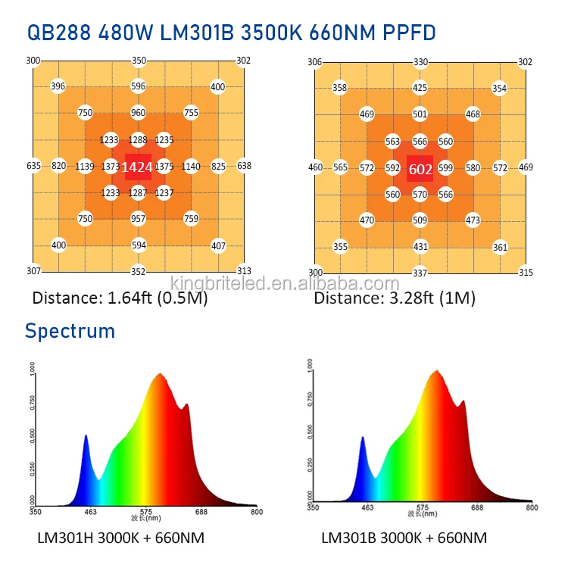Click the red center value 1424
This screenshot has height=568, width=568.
click(x=138, y=167)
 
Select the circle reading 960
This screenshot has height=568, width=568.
click(x=138, y=113)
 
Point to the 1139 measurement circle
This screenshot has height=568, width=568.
click(x=85, y=167)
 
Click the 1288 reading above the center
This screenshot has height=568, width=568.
click(x=138, y=140)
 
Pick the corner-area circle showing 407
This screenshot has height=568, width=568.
click(x=218, y=245)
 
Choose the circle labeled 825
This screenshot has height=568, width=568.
click(x=218, y=167)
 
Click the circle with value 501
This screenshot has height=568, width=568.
click(x=420, y=114)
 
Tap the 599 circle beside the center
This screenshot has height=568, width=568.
click(x=445, y=168)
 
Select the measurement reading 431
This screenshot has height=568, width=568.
click(x=420, y=247)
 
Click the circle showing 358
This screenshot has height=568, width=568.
click(x=340, y=89)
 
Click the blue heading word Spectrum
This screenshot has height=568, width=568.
click(x=70, y=330)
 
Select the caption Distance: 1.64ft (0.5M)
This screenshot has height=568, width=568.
click(x=120, y=298)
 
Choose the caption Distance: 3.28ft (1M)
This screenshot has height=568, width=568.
click(x=395, y=298)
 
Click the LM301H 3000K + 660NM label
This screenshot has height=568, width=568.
click(x=120, y=538)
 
